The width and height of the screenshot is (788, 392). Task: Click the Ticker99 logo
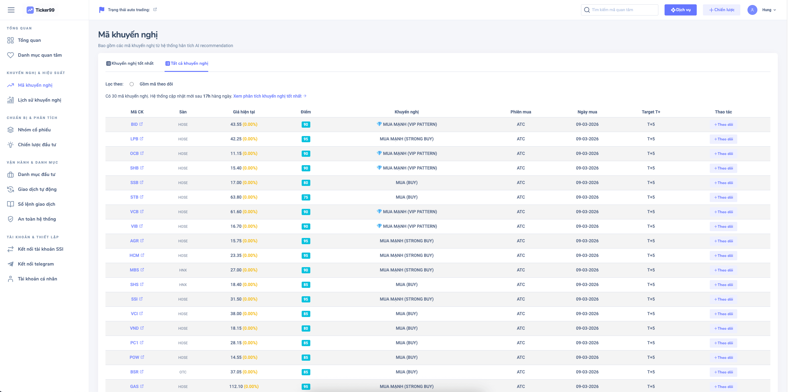pos(41,10)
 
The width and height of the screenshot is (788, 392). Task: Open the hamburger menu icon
pos(11,10)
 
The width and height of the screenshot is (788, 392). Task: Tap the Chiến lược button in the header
pos(721,10)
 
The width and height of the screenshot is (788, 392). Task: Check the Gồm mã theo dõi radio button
pos(132,84)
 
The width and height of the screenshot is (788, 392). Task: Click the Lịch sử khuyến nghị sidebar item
pos(39,100)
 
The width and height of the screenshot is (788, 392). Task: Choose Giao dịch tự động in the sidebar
pos(37,189)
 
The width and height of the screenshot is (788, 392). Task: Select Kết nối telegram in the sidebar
pos(36,264)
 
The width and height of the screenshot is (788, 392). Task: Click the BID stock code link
pos(134,125)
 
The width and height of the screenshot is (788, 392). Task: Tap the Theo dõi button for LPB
pos(723,139)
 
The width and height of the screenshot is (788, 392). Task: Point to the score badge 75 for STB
pos(306,197)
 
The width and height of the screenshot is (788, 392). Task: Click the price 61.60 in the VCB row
pos(236,212)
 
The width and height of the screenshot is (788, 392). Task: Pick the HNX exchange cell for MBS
pos(183,270)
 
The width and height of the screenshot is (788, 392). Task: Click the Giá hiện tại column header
pos(244,112)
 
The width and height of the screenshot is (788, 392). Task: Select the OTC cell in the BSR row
pos(183,372)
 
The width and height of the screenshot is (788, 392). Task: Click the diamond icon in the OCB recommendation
pos(379,153)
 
